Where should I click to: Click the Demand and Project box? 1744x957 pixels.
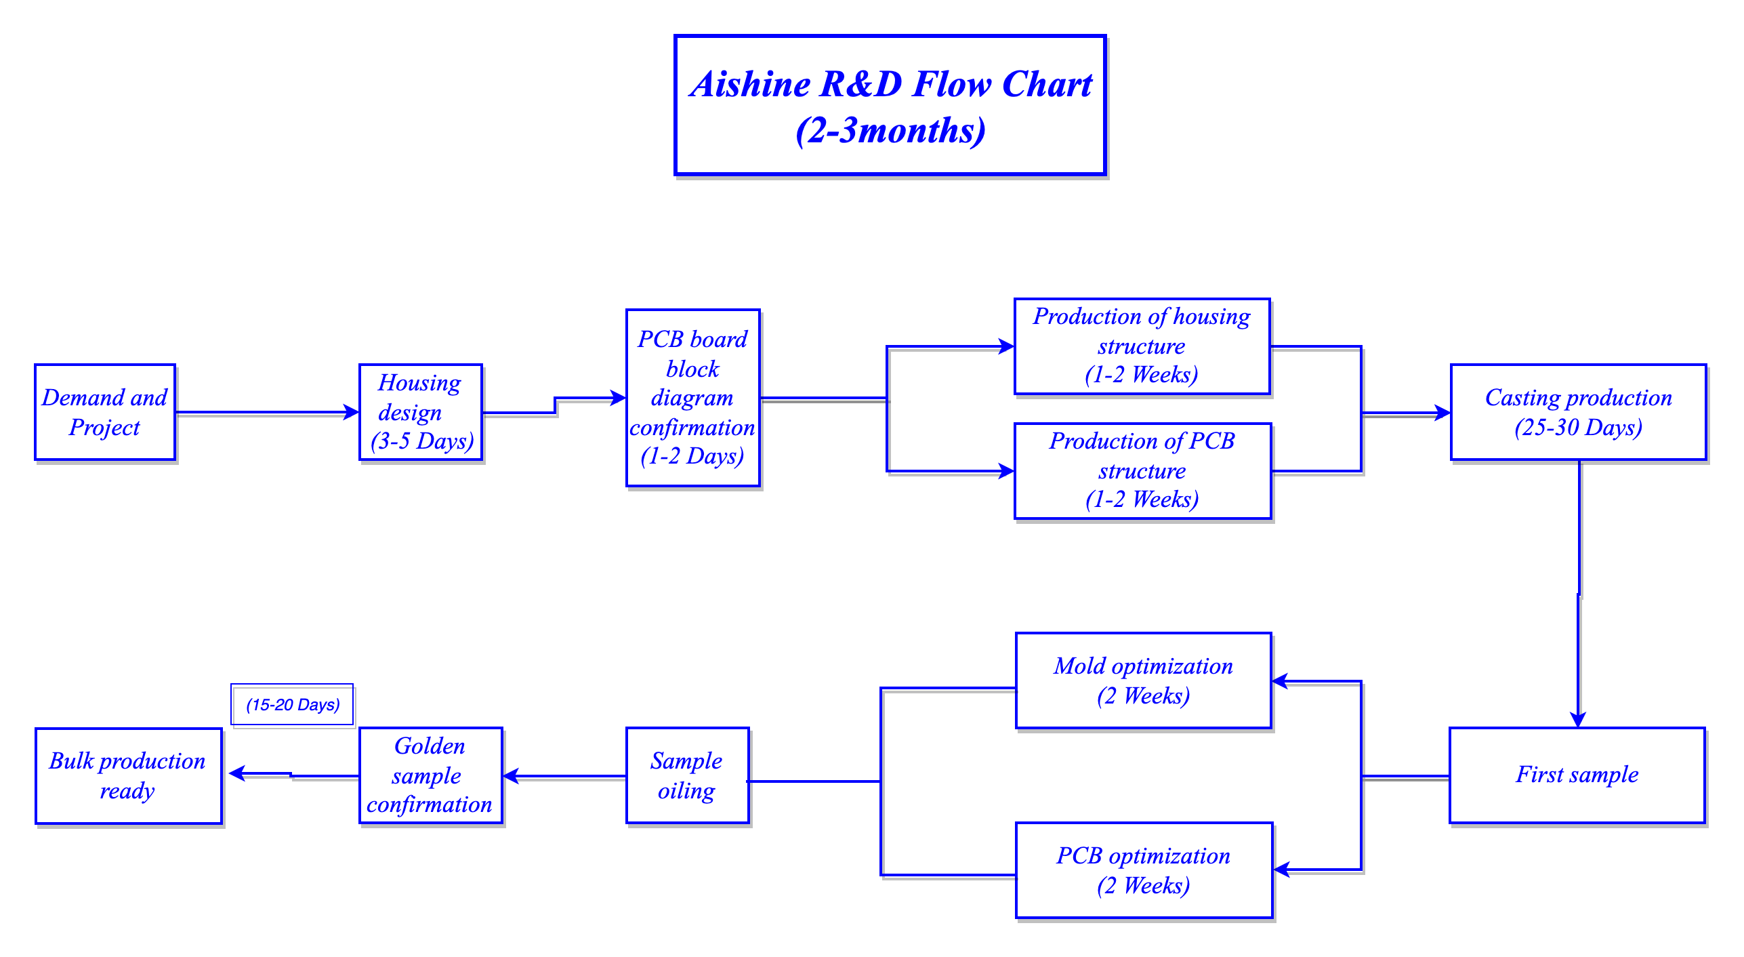coord(105,412)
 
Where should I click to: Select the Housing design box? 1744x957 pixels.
coord(421,412)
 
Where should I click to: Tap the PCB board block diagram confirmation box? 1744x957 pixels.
coord(693,398)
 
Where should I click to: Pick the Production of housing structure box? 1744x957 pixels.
coord(1142,346)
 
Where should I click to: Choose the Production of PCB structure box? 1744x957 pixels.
coord(1142,471)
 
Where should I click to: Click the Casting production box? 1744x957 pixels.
coord(1579,412)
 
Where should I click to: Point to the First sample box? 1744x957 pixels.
coord(1577,775)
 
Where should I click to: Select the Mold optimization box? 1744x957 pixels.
coord(1144,680)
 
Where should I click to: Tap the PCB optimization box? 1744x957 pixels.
coord(1144,870)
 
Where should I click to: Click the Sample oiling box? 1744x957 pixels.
coord(688,775)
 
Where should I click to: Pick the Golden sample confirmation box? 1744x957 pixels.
coord(431,775)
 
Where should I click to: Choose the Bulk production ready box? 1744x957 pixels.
coord(129,776)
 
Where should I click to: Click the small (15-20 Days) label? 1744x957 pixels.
coord(293,705)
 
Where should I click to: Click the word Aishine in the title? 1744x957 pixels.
coord(750,84)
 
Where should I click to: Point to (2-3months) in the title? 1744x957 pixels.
coord(890,130)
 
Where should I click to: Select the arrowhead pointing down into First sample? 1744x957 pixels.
coord(1578,720)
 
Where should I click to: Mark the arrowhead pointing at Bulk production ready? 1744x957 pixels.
coord(237,773)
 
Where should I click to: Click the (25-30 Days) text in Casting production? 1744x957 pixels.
coord(1579,428)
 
